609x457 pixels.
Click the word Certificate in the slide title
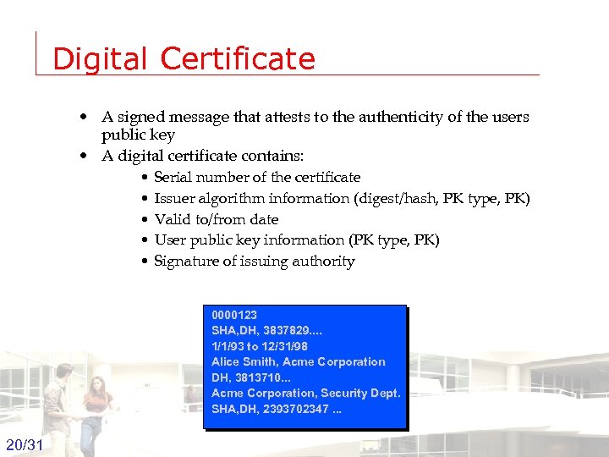coord(237,58)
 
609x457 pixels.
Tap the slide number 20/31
coord(25,445)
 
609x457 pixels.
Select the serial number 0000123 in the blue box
coord(234,315)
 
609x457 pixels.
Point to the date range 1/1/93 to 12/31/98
coord(260,346)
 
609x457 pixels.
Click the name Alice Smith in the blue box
coord(244,361)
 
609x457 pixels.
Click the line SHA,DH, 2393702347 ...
coord(277,409)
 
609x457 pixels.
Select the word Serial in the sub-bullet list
coord(173,177)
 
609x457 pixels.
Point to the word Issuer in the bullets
coord(174,198)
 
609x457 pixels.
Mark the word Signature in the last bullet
coord(185,261)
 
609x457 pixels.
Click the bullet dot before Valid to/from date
coord(145,219)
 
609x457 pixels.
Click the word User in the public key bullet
coord(170,240)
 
